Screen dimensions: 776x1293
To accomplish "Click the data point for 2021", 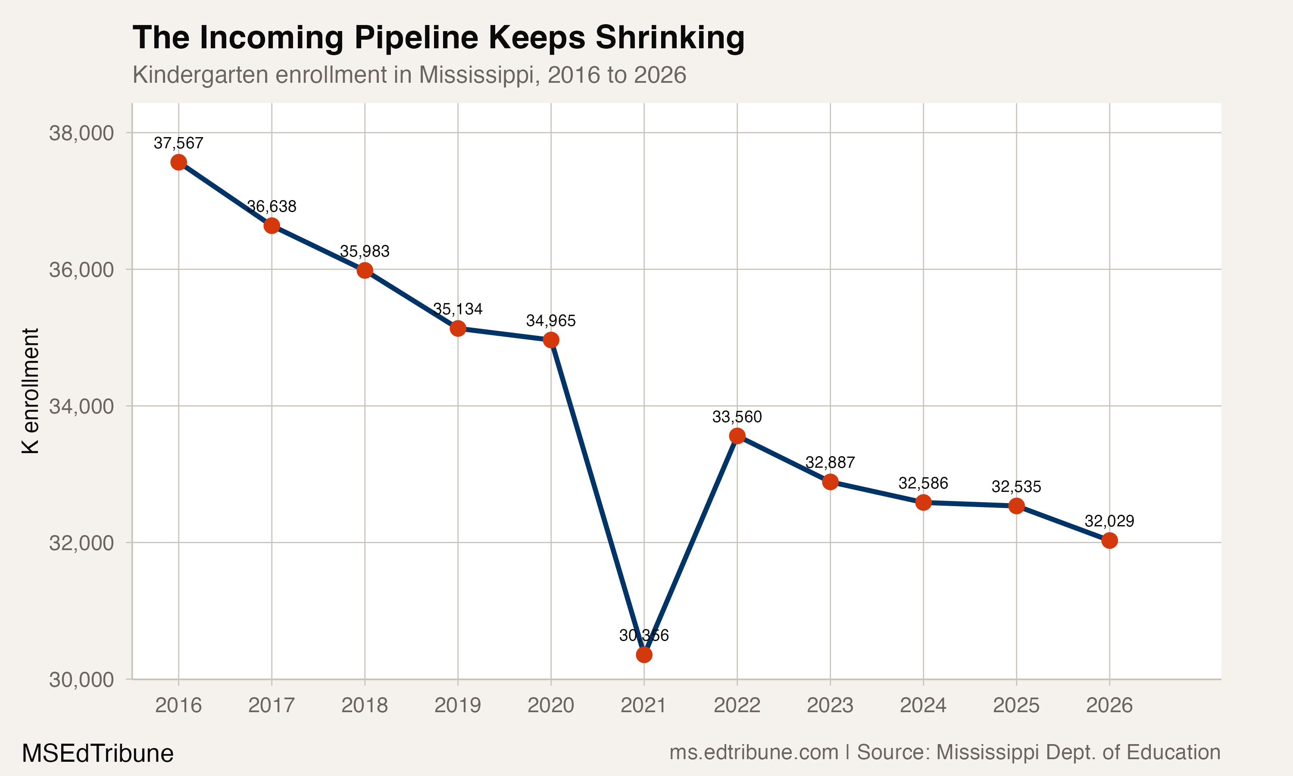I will pyautogui.click(x=644, y=655).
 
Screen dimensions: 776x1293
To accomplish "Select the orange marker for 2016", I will pyautogui.click(x=178, y=162).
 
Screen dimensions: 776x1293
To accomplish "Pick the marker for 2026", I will pyautogui.click(x=1109, y=540).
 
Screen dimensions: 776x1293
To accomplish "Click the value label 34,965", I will pyautogui.click(x=550, y=321).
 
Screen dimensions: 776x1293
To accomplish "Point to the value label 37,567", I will pyautogui.click(x=178, y=143).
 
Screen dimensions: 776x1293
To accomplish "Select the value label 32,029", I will pyautogui.click(x=1109, y=521).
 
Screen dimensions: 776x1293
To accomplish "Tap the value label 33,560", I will pyautogui.click(x=737, y=417).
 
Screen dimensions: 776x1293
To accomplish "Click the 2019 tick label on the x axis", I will pyautogui.click(x=457, y=705).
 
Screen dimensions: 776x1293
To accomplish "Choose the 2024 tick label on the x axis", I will pyautogui.click(x=923, y=705).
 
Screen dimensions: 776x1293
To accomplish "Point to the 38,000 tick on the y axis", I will pyautogui.click(x=81, y=133).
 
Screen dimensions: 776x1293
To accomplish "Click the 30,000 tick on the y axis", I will pyautogui.click(x=81, y=679).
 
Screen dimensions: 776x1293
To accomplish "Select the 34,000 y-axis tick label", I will pyautogui.click(x=81, y=406).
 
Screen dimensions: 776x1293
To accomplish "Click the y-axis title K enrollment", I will pyautogui.click(x=30, y=391).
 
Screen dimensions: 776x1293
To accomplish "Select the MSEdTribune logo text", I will pyautogui.click(x=97, y=753).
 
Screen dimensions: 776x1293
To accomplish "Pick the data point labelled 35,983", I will pyautogui.click(x=364, y=270).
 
